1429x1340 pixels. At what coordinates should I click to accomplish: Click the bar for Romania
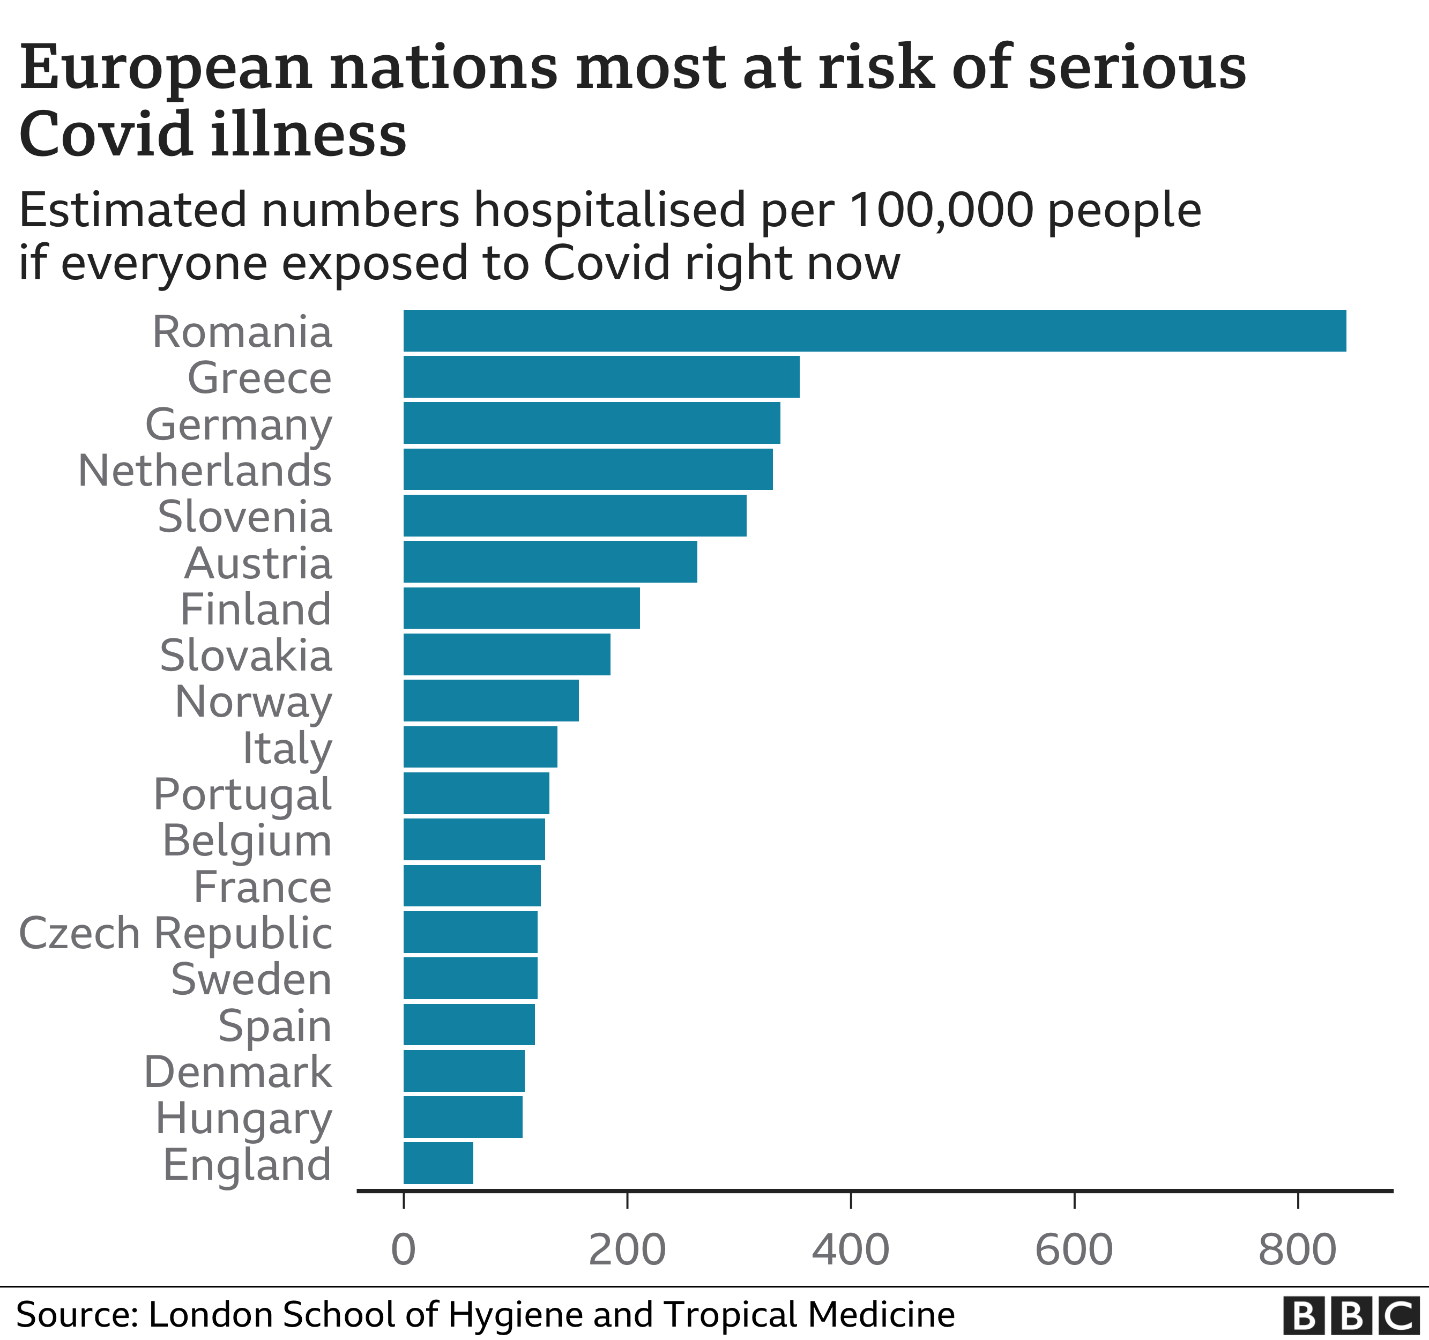coord(874,331)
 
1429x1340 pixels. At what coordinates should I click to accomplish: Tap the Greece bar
coord(601,377)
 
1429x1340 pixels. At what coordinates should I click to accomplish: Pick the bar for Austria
coord(550,561)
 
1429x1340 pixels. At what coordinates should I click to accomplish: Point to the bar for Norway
coord(491,700)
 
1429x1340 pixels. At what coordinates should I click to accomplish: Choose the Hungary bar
coord(463,1117)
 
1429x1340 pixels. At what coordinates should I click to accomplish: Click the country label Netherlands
coord(205,470)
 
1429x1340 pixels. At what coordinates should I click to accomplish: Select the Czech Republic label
coord(175,933)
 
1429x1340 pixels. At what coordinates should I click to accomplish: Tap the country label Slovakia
coord(246,655)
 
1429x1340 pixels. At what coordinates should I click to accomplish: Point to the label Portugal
coord(242,794)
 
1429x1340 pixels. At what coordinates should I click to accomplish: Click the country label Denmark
coord(238,1072)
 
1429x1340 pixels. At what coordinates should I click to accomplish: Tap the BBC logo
coord(1351,1315)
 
